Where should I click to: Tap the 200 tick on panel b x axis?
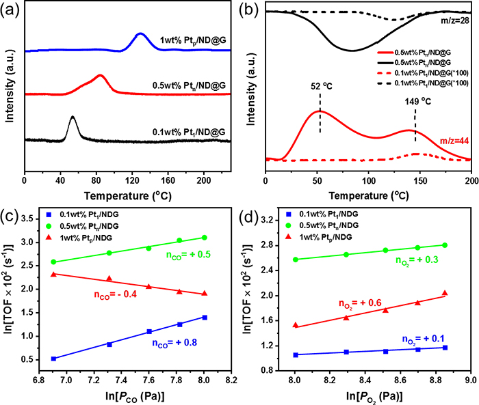point(471,180)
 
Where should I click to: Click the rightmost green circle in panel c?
point(205,238)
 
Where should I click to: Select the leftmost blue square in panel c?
point(53,358)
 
